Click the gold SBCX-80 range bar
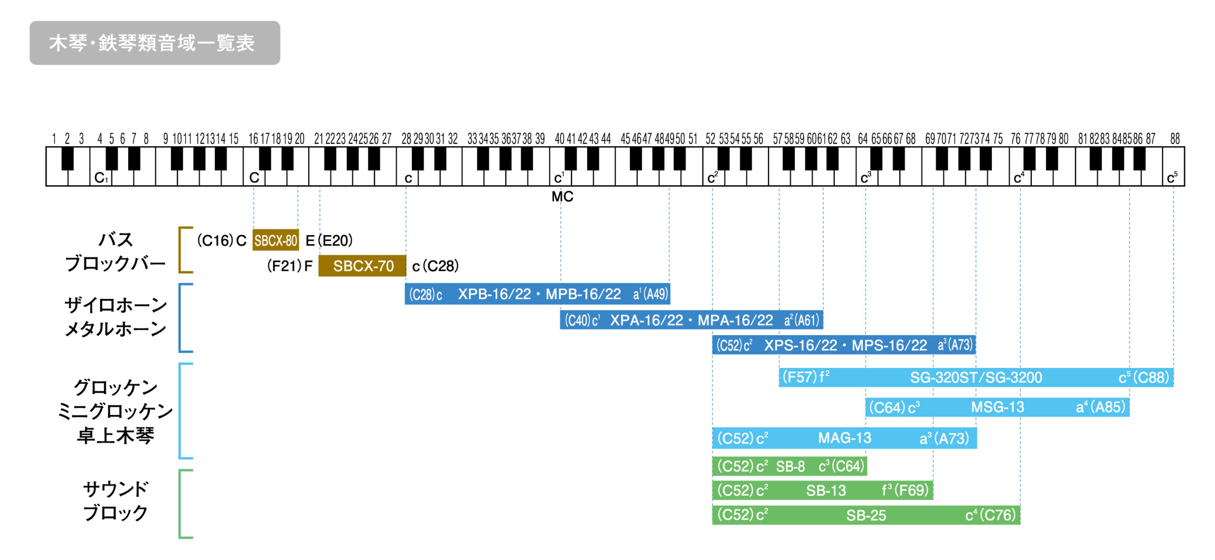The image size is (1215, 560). (275, 240)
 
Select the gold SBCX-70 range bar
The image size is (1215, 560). (362, 266)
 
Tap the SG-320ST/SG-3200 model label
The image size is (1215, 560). (975, 377)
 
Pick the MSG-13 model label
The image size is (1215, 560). (997, 407)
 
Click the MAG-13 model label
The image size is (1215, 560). (844, 438)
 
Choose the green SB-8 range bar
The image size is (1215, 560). (789, 467)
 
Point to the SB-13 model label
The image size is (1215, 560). (826, 490)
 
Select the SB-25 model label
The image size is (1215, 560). (866, 515)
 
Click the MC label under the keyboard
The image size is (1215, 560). (562, 196)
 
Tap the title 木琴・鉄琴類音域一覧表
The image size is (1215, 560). (152, 43)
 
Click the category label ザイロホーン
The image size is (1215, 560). (116, 305)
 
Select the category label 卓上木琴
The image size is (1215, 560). (116, 435)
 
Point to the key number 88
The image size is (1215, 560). (1175, 139)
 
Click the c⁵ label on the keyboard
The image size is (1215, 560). (1172, 178)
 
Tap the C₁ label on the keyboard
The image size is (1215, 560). (101, 178)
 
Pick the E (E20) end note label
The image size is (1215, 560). (329, 241)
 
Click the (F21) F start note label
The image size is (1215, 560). (290, 266)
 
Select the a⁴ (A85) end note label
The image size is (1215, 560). (1100, 407)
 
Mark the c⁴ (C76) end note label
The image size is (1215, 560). (990, 515)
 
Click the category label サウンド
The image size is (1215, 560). (116, 489)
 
